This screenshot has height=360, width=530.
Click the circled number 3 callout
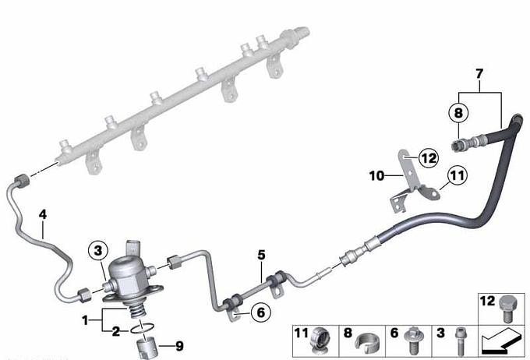[x=98, y=250]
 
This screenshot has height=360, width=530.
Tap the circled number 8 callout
[x=458, y=112]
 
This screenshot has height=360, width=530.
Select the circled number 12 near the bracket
[x=429, y=158]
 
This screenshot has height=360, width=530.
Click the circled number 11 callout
[x=457, y=175]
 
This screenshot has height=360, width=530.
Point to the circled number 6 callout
[x=261, y=312]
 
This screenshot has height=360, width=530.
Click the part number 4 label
[x=43, y=214]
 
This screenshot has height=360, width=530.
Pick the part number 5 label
[x=261, y=255]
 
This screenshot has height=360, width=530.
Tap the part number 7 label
[x=479, y=74]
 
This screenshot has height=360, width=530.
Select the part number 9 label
[x=179, y=346]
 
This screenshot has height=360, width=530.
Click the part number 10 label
[x=377, y=176]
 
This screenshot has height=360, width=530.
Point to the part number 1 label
[x=85, y=319]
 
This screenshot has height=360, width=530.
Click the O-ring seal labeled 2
[x=143, y=327]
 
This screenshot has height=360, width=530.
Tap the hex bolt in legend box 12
[x=506, y=308]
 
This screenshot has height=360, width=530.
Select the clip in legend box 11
[x=320, y=340]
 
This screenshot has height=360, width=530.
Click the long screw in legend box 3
[x=461, y=341]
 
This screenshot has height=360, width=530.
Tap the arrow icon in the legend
[x=500, y=342]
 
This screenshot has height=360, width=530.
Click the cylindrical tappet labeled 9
[x=145, y=348]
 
